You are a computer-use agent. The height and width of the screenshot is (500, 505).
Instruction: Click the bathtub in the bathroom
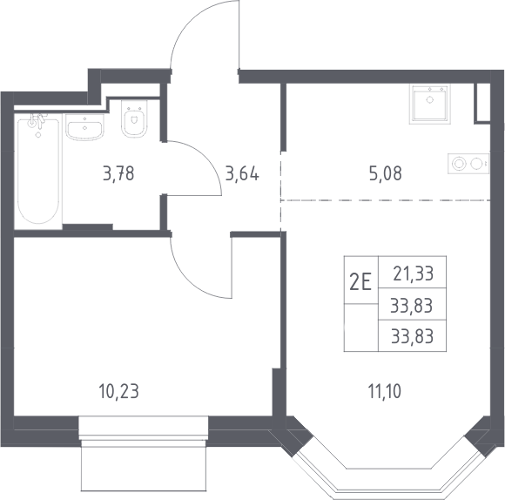(38, 171)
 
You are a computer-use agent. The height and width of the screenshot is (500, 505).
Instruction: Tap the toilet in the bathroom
(134, 118)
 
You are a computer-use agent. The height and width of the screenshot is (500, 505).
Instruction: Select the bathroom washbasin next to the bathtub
(84, 127)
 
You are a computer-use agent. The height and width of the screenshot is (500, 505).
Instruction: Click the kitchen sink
(429, 104)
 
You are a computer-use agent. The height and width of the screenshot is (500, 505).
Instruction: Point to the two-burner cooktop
(468, 164)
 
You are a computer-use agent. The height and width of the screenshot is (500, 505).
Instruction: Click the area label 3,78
(118, 173)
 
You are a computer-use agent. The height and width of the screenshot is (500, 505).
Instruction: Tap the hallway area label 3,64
(242, 173)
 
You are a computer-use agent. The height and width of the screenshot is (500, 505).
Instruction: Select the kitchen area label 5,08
(385, 173)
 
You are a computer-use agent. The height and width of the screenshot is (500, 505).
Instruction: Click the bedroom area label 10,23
(118, 391)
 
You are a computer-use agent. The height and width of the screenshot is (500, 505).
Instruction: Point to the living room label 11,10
(385, 391)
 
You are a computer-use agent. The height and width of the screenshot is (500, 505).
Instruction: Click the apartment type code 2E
(360, 281)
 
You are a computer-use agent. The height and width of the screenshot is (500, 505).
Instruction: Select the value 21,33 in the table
(414, 274)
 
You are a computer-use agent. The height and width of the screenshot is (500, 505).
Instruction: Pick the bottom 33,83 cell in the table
(412, 336)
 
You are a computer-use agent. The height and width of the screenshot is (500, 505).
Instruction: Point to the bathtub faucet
(37, 120)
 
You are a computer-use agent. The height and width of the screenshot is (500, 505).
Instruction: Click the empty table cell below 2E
(361, 328)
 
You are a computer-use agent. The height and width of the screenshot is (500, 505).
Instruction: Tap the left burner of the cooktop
(459, 164)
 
